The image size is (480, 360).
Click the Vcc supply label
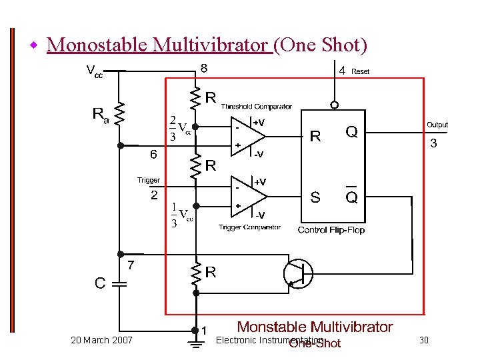tap(95, 71)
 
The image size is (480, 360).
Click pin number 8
tap(204, 68)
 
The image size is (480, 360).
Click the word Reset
tap(360, 71)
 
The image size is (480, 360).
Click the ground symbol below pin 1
tap(195, 344)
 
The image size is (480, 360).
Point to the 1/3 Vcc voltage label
tap(180, 216)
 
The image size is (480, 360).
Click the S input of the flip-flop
tap(315, 197)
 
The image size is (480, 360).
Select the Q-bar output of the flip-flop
tap(351, 197)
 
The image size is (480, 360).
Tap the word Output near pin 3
tap(437, 125)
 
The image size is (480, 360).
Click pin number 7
tap(131, 265)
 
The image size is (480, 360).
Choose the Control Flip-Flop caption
tap(331, 230)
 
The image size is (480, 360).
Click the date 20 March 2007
tap(101, 341)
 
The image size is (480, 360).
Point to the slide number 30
tap(423, 341)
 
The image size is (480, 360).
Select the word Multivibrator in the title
tap(211, 45)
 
